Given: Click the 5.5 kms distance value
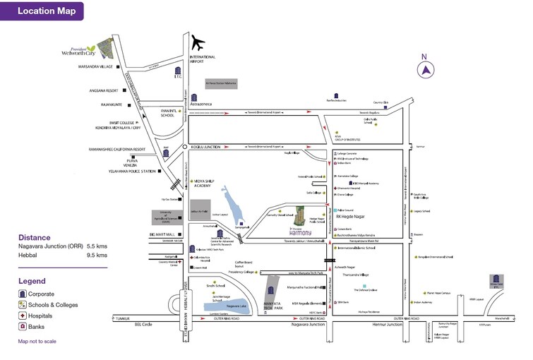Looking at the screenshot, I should (97, 246).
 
